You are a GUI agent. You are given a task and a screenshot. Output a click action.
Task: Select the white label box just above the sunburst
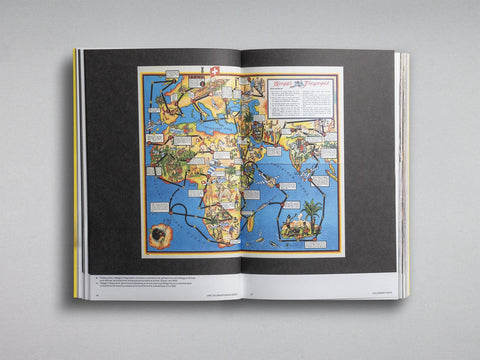157,207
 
